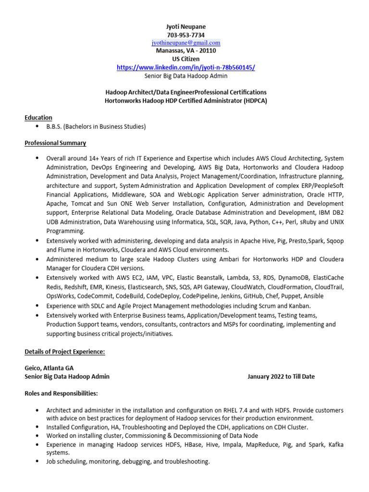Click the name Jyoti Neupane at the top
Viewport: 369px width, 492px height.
185,27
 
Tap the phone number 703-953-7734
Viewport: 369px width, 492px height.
185,35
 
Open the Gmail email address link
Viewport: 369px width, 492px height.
185,43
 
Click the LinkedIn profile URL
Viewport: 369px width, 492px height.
185,68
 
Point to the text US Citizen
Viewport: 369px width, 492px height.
185,59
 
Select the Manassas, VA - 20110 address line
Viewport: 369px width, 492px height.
185,51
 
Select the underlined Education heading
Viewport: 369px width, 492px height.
38,118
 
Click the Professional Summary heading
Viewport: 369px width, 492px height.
55,143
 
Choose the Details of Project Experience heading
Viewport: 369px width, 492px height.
65,352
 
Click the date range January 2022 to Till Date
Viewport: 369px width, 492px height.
281,377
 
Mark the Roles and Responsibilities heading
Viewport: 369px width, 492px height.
61,394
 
